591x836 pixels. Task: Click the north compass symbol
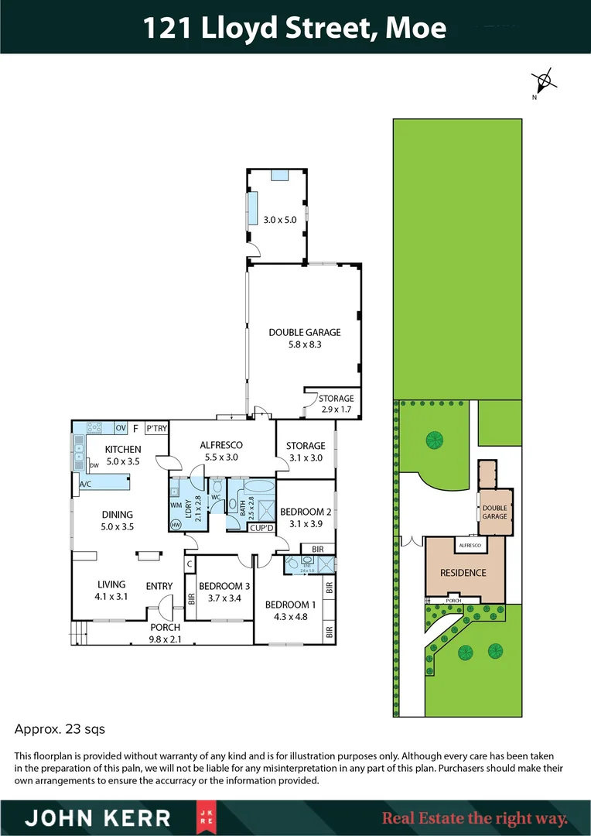pos(544,80)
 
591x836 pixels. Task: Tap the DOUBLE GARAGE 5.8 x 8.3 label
pos(305,338)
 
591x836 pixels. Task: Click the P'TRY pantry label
pos(156,428)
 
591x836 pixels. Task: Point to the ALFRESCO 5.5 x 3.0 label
pos(221,451)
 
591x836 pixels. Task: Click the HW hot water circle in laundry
pos(176,524)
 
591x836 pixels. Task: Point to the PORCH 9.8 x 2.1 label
pos(166,632)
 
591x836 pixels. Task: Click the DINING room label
pos(118,520)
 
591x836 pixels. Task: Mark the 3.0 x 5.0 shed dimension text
pos(279,220)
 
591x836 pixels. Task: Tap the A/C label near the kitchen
pos(85,485)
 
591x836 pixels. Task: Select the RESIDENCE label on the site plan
pos(463,573)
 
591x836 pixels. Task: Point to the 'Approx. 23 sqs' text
pos(60,729)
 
